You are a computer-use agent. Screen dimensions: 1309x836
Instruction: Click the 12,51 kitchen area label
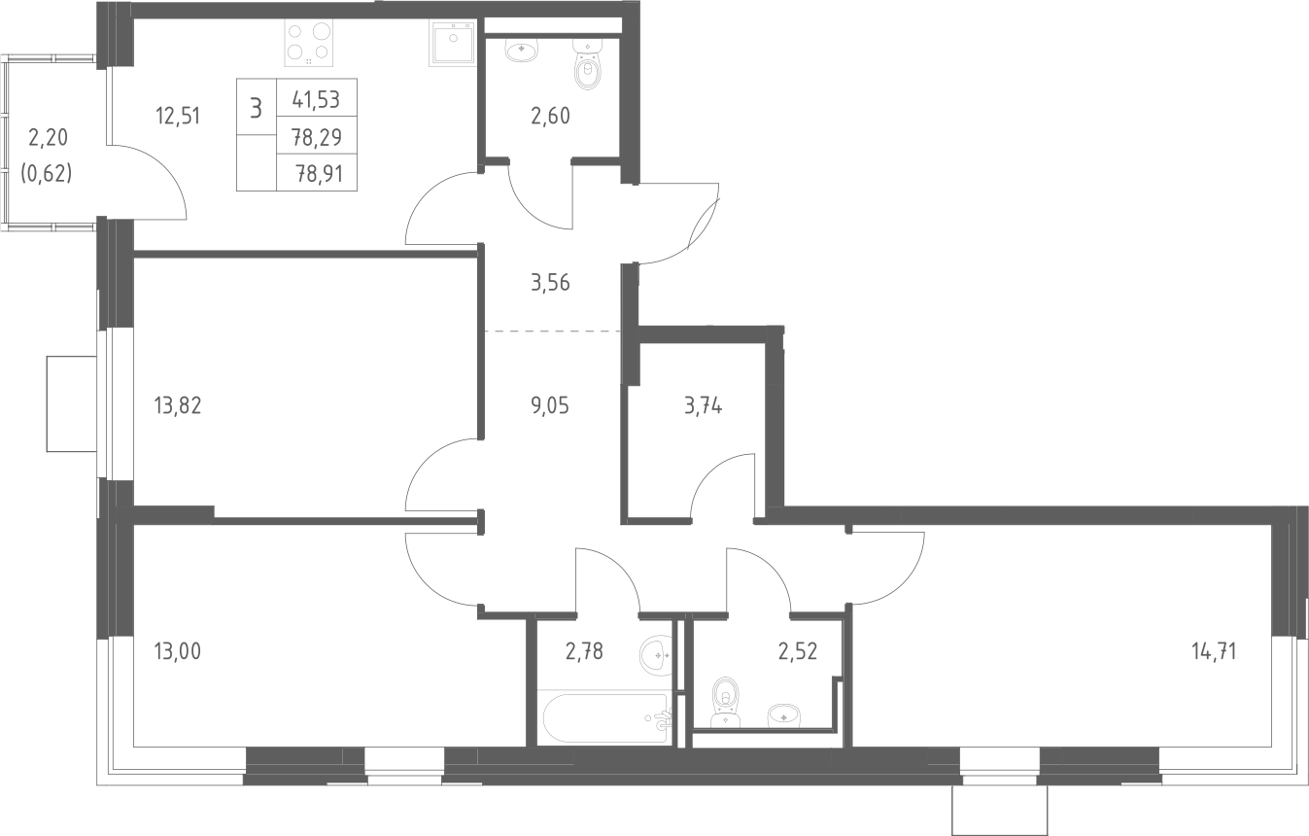click(178, 116)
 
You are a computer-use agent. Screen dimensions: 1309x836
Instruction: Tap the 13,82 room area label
click(178, 405)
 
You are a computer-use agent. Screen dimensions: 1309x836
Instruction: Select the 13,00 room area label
click(178, 650)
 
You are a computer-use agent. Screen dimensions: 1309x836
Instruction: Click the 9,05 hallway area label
click(550, 405)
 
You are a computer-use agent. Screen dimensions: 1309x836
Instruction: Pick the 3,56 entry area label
click(550, 283)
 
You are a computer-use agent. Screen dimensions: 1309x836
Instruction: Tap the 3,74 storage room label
click(703, 405)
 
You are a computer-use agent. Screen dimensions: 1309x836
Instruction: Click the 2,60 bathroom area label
click(550, 116)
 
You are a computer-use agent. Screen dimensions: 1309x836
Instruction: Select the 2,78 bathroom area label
click(584, 650)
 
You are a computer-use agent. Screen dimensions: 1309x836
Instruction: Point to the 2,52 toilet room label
click(798, 650)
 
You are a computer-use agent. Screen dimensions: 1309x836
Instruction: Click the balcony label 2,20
click(48, 137)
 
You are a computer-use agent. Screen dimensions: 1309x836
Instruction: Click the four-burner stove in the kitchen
click(309, 42)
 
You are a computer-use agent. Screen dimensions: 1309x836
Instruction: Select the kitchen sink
click(453, 42)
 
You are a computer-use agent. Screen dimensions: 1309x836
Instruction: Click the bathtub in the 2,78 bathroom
click(607, 718)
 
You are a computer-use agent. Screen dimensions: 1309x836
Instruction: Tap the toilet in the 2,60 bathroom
click(587, 64)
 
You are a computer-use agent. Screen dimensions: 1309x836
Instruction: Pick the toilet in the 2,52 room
click(726, 705)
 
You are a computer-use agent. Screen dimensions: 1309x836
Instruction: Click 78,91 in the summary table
click(319, 174)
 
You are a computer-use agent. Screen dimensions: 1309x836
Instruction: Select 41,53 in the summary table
click(316, 99)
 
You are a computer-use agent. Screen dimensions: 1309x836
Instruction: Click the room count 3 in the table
click(256, 109)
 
